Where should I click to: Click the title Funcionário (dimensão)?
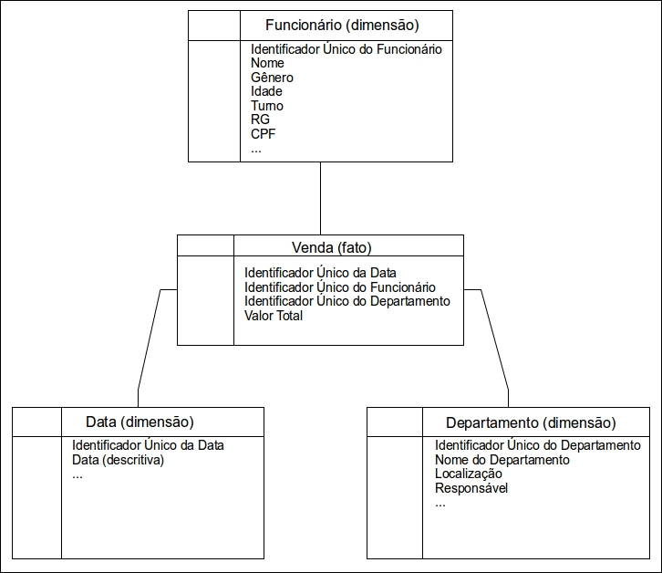342,26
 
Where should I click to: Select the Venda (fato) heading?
331,247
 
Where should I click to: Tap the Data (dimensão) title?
140,422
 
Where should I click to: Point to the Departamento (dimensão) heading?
531,422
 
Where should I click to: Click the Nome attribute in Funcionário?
267,63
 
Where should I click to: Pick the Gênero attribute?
272,78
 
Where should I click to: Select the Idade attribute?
266,91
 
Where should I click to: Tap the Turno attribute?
267,106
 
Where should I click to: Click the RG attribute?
260,120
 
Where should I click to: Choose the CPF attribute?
263,134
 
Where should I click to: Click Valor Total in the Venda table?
274,316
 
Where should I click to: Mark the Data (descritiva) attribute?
118,460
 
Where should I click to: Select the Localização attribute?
469,474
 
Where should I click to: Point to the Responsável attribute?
471,488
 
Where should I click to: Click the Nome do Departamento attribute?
502,460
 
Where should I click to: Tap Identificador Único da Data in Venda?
320,273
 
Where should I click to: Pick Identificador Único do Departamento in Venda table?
347,301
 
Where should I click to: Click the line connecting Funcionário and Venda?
320,198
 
